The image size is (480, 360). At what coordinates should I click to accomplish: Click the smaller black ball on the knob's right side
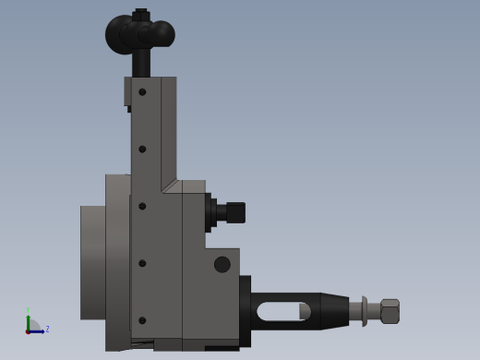(162, 34)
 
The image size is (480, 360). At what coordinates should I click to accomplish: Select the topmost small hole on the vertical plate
(142, 91)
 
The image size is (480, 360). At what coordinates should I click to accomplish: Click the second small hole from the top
(142, 149)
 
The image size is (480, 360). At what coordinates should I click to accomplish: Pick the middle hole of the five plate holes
(142, 206)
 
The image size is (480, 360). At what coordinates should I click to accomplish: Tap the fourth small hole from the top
(142, 263)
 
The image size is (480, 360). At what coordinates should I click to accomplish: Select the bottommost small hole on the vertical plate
(142, 320)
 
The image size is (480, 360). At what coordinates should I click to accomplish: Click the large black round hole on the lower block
(222, 264)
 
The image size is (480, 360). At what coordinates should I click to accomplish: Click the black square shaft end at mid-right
(235, 212)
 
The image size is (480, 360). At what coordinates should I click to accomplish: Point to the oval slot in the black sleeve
(282, 311)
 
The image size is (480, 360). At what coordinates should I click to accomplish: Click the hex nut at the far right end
(390, 311)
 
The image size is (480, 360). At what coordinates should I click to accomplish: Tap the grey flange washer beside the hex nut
(365, 311)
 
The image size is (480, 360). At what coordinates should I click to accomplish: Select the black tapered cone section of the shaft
(334, 311)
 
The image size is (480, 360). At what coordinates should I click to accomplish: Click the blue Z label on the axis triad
(47, 329)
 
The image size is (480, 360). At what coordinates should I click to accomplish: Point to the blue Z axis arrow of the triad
(38, 330)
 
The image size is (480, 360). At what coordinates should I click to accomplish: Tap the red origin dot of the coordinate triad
(28, 331)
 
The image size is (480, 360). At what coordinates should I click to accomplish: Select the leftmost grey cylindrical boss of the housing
(92, 262)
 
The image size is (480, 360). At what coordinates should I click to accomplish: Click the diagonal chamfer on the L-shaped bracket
(170, 186)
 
